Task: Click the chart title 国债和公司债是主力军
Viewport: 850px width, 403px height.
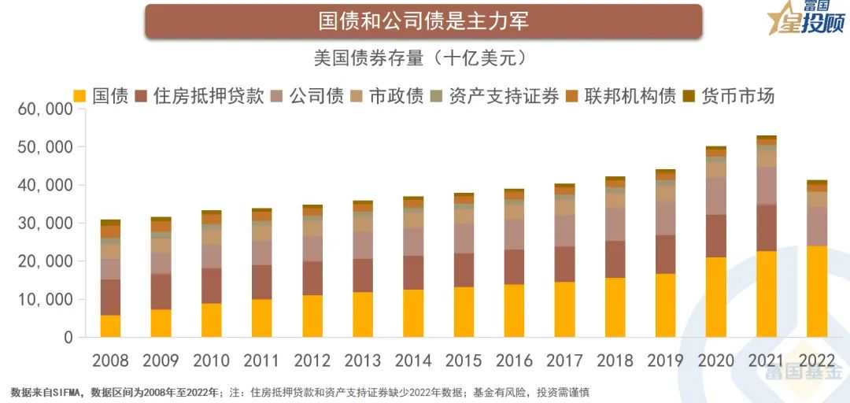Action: [x=423, y=20]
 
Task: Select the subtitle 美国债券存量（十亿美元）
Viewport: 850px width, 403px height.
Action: [x=425, y=59]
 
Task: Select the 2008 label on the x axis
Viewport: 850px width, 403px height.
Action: [x=111, y=360]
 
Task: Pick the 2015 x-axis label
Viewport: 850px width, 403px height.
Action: [x=464, y=360]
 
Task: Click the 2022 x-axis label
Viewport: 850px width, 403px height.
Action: [x=816, y=360]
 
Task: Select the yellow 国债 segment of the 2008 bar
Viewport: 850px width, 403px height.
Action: [x=111, y=326]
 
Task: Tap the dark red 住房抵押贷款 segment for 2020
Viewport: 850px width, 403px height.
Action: [x=716, y=236]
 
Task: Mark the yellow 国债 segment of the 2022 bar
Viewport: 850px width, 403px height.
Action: [x=816, y=291]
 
